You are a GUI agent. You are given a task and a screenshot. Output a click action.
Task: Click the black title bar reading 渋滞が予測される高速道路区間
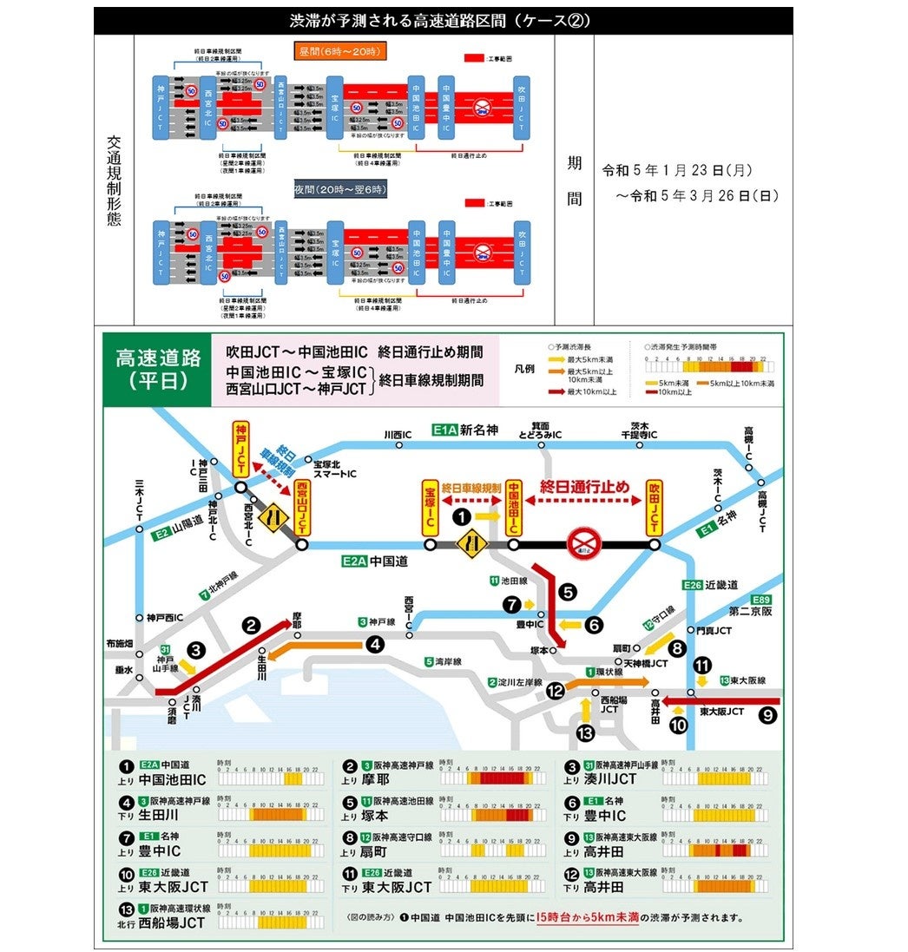point(443,21)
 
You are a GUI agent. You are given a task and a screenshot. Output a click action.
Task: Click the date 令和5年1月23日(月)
point(690,172)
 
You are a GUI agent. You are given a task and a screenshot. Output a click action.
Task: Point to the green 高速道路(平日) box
point(157,370)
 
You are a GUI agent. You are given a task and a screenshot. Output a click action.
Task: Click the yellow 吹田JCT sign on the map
point(654,506)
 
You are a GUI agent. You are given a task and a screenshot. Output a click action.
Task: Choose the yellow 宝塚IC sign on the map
point(430,507)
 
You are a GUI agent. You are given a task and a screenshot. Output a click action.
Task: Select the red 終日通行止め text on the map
point(584,487)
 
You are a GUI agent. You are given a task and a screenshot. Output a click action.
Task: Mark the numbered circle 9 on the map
point(767,715)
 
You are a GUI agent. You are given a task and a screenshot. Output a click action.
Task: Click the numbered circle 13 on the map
point(585,733)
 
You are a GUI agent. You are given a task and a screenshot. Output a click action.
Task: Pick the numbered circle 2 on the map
point(252,624)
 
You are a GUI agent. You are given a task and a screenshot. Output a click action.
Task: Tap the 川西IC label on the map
point(398,433)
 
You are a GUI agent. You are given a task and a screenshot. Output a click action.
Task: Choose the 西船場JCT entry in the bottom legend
point(172,922)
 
